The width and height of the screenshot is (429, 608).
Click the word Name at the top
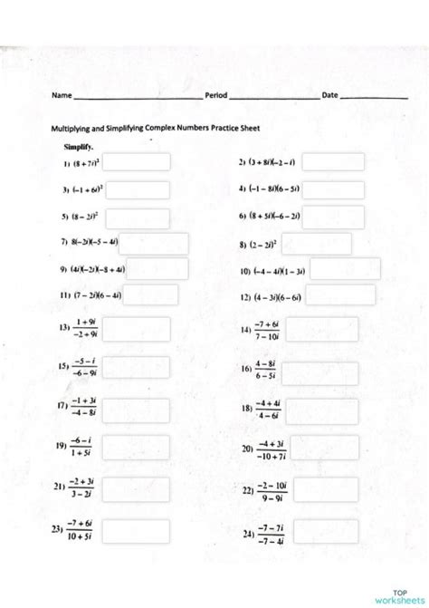coord(61,95)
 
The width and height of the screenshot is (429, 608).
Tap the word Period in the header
coord(216,95)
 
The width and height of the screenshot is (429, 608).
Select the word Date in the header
coord(329,95)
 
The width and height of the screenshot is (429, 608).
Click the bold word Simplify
coord(78,146)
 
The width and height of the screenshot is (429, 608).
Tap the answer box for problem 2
coord(333,162)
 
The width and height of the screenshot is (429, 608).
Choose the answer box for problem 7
coord(153,244)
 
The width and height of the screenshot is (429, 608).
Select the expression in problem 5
coord(84,217)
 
